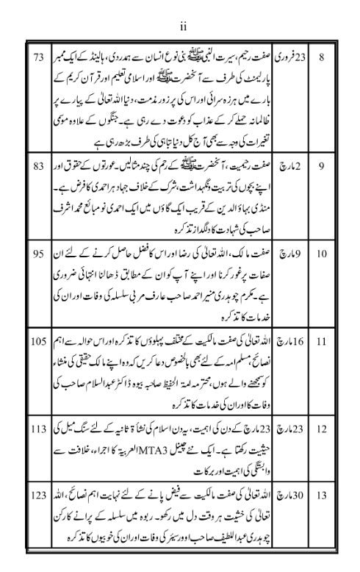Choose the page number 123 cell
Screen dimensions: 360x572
click(39, 496)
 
